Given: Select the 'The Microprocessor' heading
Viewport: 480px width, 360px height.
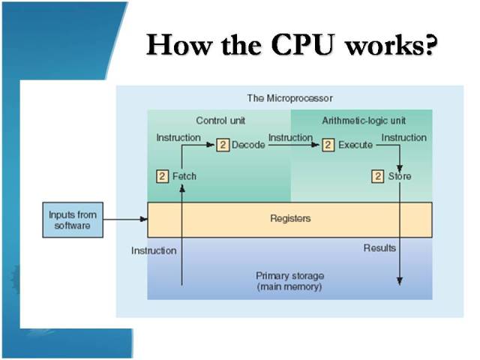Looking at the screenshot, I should (289, 98).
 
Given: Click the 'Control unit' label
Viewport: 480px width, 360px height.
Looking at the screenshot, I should (220, 120).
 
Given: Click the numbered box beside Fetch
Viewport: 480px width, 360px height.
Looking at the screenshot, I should (162, 176).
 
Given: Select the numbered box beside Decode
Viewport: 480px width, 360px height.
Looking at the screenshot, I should (222, 145).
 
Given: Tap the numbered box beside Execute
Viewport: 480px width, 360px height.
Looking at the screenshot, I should (328, 145).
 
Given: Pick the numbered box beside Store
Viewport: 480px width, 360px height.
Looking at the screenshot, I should (378, 176).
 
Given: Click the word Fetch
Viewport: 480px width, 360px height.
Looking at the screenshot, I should (184, 176).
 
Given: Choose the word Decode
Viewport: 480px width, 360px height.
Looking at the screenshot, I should (248, 145).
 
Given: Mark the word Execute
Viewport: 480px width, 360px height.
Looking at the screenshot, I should (355, 145).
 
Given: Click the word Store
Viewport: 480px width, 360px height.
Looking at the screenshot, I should (400, 176).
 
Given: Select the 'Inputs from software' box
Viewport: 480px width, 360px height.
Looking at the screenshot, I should (73, 220).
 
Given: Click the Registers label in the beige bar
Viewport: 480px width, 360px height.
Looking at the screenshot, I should (289, 219).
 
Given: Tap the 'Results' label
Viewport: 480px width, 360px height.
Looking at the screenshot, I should (379, 247).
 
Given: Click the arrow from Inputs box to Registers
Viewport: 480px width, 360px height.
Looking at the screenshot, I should (124, 220).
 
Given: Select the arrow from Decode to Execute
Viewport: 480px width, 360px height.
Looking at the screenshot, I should (292, 145).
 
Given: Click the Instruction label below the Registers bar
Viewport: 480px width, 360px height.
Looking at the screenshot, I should (154, 250).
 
